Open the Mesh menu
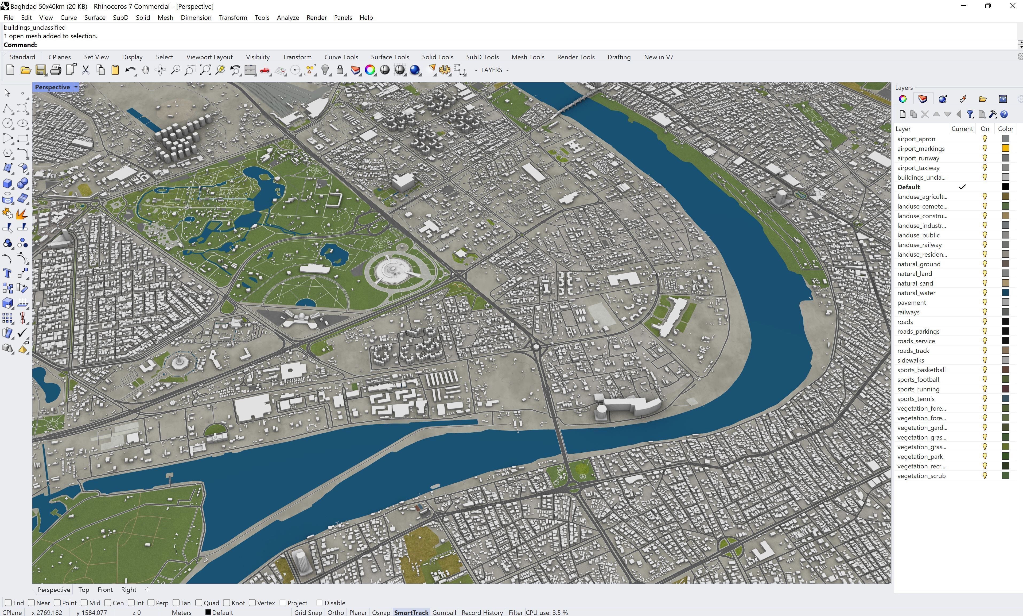click(165, 17)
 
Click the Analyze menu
click(288, 17)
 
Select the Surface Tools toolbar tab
click(390, 57)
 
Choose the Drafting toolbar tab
click(619, 57)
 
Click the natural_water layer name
click(916, 293)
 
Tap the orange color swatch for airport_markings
click(1005, 148)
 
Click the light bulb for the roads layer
click(985, 322)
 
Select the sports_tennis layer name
click(916, 398)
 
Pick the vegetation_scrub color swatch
click(1005, 476)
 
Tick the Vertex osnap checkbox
click(252, 603)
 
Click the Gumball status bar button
click(444, 612)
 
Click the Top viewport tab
click(83, 590)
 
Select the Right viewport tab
click(129, 590)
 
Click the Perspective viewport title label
click(52, 87)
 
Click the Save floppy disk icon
click(41, 70)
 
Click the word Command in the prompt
click(20, 45)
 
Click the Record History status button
click(482, 612)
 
